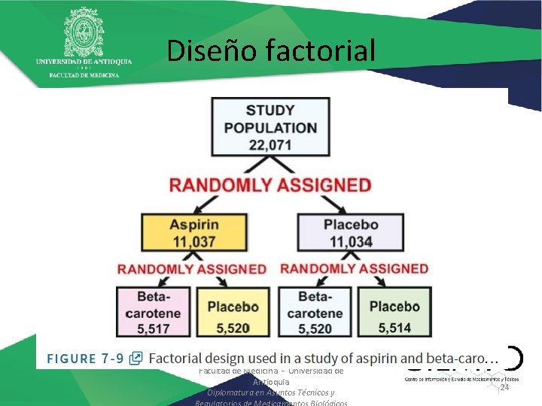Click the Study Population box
click(270, 128)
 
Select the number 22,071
click(270, 145)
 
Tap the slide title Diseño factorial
click(270, 50)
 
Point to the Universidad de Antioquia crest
click(84, 30)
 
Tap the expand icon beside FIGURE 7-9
click(136, 358)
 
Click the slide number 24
click(504, 386)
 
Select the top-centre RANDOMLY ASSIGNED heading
click(270, 185)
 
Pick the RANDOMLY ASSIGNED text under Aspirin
click(191, 269)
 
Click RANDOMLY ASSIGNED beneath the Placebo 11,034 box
click(354, 269)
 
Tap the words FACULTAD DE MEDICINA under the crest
click(84, 75)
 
